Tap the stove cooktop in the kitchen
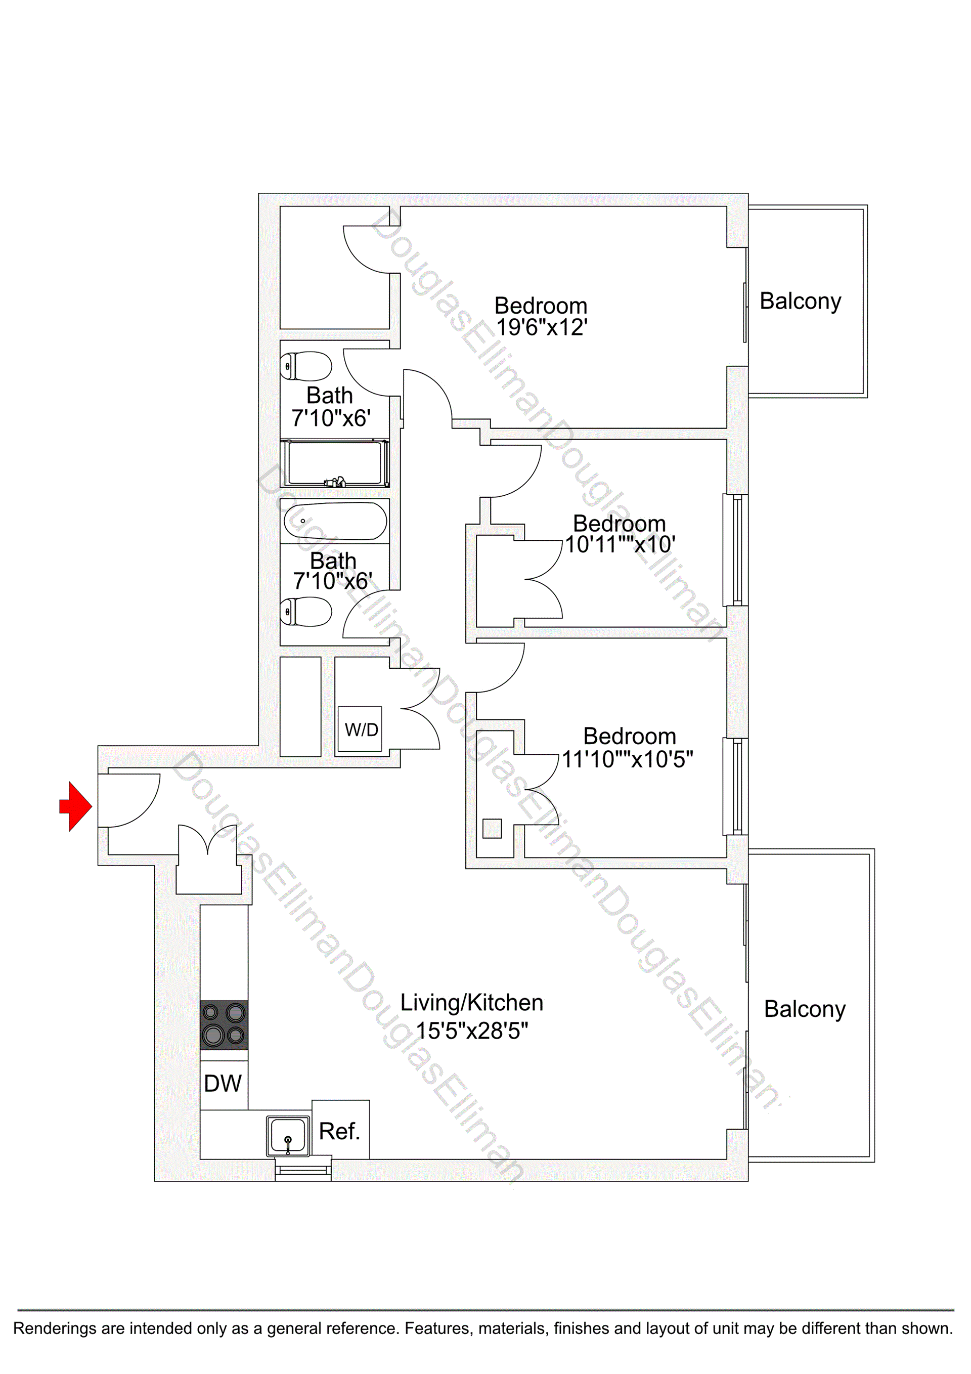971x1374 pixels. click(x=224, y=1024)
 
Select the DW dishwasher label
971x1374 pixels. click(x=223, y=1083)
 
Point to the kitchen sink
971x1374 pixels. click(x=288, y=1136)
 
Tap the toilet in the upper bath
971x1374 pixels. click(x=306, y=366)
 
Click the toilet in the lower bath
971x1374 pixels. click(x=306, y=611)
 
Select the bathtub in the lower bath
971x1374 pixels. click(x=335, y=521)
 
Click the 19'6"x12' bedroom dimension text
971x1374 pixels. click(x=542, y=327)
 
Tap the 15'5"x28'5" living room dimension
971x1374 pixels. click(x=472, y=1030)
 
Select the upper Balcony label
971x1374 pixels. click(x=800, y=301)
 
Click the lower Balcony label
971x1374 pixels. click(x=805, y=1009)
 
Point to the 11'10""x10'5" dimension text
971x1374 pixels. click(x=627, y=759)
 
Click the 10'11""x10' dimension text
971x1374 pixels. click(x=620, y=544)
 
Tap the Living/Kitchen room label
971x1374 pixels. click(x=471, y=1002)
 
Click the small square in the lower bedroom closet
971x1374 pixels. click(x=492, y=828)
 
